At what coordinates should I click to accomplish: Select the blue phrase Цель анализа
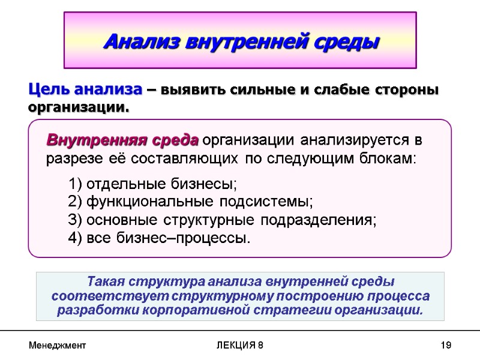(85, 90)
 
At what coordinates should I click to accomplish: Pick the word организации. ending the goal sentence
(79, 108)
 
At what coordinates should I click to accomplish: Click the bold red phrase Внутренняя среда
(122, 141)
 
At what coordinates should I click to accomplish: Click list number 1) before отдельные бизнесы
(76, 184)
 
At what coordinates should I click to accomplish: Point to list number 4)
(76, 238)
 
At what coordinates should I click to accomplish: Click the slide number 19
(445, 346)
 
